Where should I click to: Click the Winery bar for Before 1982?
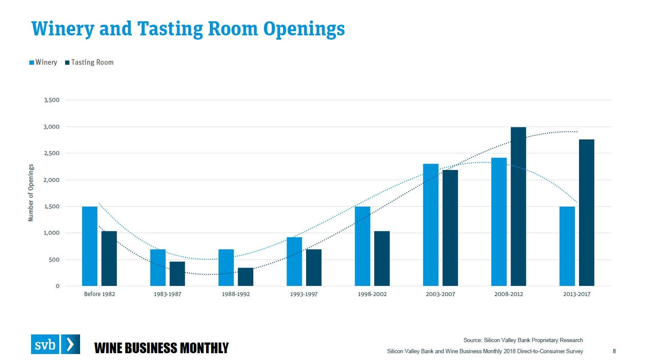click(x=89, y=246)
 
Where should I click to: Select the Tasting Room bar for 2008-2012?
click(x=518, y=207)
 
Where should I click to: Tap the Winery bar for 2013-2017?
click(x=567, y=246)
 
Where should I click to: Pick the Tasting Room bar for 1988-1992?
click(x=246, y=277)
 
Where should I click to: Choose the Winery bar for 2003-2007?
click(x=430, y=225)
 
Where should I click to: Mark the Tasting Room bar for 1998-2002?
click(x=382, y=259)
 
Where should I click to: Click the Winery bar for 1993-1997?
click(x=294, y=262)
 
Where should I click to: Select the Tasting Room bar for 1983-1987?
click(x=177, y=274)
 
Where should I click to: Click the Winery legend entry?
click(x=43, y=62)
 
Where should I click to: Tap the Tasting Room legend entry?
click(x=89, y=62)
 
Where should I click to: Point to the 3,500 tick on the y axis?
click(x=52, y=100)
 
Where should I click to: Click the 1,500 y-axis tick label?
click(x=52, y=207)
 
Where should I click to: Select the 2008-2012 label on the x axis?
click(x=508, y=294)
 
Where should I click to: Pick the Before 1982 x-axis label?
click(x=99, y=294)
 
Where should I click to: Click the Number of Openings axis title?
click(x=31, y=193)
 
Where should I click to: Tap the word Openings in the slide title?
click(x=304, y=29)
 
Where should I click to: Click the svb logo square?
click(x=45, y=344)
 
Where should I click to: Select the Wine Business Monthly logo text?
click(x=161, y=348)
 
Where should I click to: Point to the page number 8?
click(x=614, y=351)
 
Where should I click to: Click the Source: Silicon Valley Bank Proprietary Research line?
click(x=523, y=340)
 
